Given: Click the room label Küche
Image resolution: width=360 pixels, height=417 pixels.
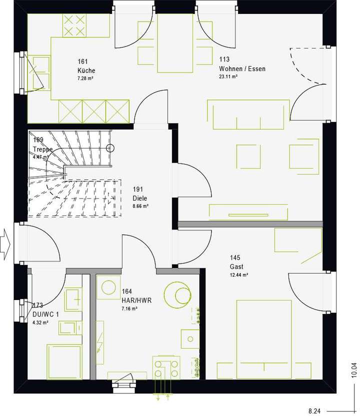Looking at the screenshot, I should pos(86,70).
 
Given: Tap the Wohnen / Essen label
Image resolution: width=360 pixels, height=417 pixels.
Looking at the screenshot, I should pos(242,69).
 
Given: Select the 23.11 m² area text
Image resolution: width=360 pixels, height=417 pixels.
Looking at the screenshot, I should pos(228,77).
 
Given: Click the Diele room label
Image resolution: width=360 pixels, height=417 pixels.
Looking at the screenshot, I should pos(139,198).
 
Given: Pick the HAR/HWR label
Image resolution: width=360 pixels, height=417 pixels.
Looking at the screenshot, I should pos(136,300).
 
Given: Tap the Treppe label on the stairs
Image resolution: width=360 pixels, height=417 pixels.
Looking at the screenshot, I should pos(43,149).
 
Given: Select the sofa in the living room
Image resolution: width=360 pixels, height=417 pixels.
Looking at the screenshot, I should pos(248,114).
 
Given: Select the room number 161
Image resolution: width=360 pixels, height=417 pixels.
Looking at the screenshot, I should pos(82,61).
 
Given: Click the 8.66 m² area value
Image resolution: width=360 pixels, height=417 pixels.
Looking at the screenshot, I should pos(140,206).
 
